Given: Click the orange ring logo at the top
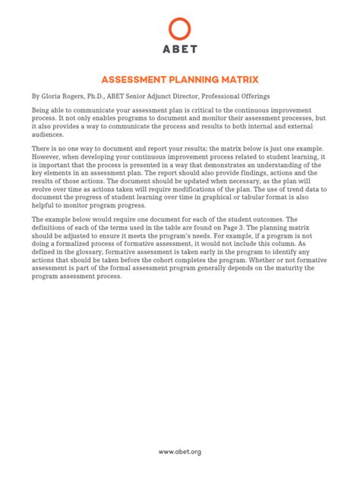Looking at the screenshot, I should pos(179,30).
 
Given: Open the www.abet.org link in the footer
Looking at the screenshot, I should pos(179,452).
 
